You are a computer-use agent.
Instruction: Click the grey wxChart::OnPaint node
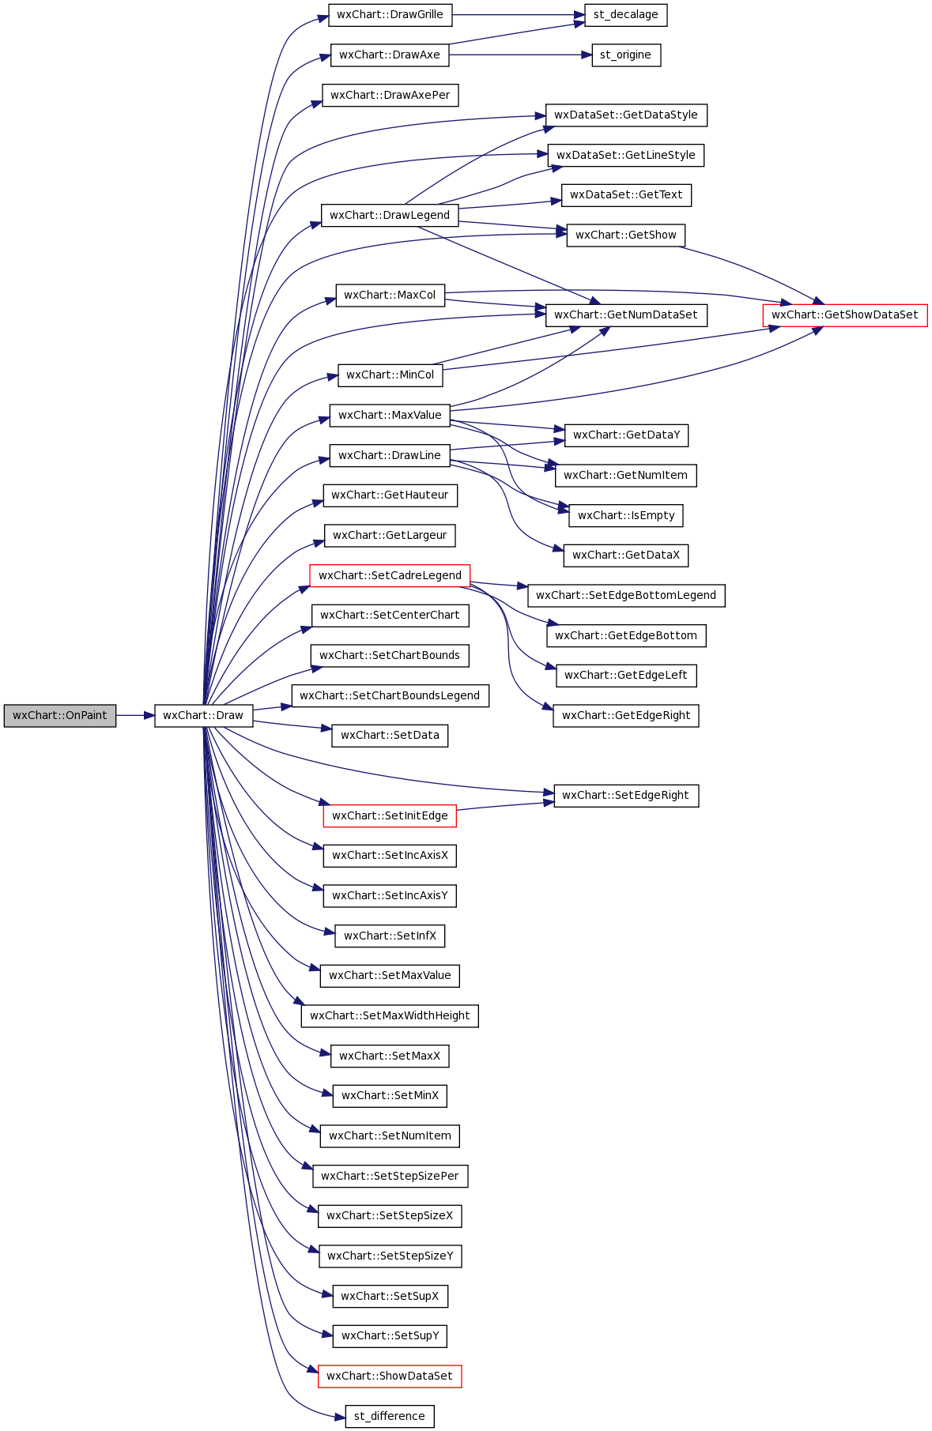click(x=60, y=716)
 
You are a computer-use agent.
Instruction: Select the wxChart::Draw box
click(x=203, y=716)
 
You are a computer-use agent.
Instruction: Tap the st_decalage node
click(x=626, y=15)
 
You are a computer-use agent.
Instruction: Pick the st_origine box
click(x=626, y=55)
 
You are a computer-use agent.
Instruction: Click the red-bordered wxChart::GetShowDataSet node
click(x=845, y=315)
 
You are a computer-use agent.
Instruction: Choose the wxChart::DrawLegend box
click(x=390, y=215)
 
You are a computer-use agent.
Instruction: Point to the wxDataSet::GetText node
click(x=626, y=195)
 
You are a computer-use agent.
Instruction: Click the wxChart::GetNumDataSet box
click(x=626, y=315)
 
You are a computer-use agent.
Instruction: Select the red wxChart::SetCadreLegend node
click(x=390, y=576)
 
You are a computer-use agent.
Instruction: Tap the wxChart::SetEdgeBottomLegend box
click(x=626, y=596)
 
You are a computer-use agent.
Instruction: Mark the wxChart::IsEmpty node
click(x=626, y=516)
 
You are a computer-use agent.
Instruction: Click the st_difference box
click(x=390, y=1417)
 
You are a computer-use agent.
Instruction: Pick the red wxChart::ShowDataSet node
click(x=390, y=1376)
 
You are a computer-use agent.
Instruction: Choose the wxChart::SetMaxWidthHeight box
click(x=390, y=1016)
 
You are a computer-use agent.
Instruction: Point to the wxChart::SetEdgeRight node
click(x=626, y=796)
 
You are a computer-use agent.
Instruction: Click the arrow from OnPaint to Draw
click(x=135, y=716)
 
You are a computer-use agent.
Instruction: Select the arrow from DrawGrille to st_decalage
click(x=519, y=15)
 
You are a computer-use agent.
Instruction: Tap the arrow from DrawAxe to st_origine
click(x=520, y=55)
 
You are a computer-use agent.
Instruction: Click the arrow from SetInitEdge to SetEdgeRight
click(x=505, y=806)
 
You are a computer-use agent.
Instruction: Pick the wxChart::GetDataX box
click(x=626, y=555)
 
